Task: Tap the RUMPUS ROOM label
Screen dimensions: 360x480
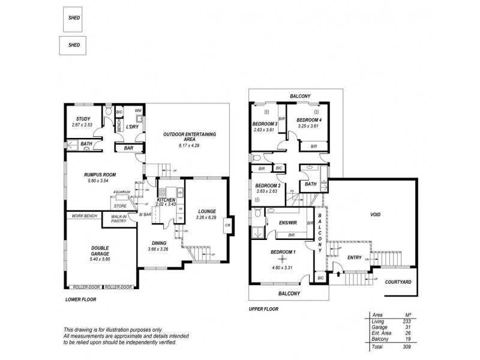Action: tap(100, 175)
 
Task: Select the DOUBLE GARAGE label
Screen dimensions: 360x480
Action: tap(83, 249)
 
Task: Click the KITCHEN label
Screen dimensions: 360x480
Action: tap(166, 199)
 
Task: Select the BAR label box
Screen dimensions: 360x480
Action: tap(128, 147)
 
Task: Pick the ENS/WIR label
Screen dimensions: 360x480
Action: tap(289, 223)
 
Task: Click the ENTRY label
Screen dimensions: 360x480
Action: tap(354, 257)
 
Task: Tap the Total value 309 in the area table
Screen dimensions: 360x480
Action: tap(406, 347)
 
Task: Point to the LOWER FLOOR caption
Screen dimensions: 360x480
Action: tap(80, 299)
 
